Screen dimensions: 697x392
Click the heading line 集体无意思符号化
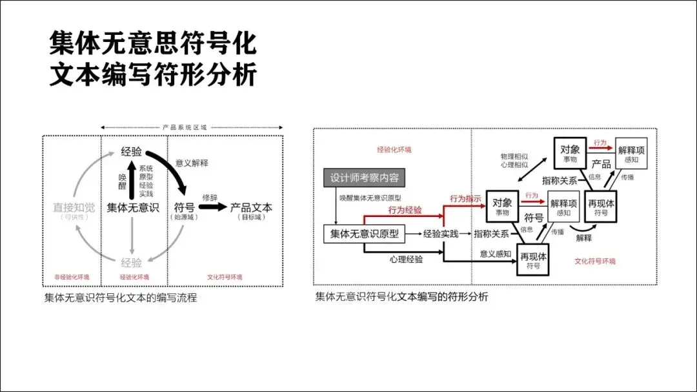[153, 44]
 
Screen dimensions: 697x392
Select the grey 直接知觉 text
[74, 207]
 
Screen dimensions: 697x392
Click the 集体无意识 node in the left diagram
[132, 207]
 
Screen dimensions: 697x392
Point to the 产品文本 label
[252, 207]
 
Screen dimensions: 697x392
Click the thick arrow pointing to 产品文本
[212, 208]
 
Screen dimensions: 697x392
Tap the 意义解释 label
[192, 163]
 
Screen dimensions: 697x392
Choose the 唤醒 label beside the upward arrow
[122, 181]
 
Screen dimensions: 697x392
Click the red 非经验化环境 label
[71, 277]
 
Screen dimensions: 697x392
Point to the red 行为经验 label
[405, 210]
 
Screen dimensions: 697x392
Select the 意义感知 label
[495, 254]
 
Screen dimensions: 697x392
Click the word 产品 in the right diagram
[601, 164]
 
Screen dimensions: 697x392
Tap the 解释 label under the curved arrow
[583, 238]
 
